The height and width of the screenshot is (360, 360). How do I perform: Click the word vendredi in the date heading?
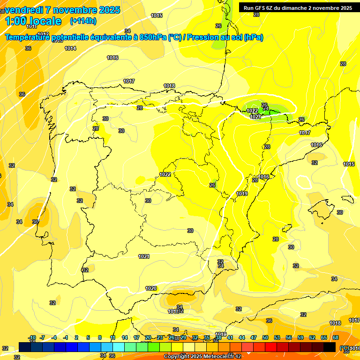[x=23, y=10]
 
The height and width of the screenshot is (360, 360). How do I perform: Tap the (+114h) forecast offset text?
[x=83, y=21]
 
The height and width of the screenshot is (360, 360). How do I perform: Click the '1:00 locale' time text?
[x=33, y=21]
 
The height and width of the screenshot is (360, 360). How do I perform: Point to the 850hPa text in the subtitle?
[x=153, y=37]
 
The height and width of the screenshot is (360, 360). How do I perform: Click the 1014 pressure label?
[x=70, y=48]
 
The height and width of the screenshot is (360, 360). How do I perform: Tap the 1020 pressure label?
[x=151, y=288]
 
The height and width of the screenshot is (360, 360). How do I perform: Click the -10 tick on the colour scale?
[x=32, y=337]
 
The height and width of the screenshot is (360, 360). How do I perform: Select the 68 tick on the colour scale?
[x=336, y=337]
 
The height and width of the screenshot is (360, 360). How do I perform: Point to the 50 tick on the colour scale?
[x=265, y=337]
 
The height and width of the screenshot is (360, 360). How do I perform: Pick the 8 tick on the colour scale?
[x=100, y=337]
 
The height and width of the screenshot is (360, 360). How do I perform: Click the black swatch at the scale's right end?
[x=330, y=347]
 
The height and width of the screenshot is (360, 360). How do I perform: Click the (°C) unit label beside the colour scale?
[x=345, y=348]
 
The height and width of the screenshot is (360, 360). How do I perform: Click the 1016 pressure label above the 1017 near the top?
[x=112, y=58]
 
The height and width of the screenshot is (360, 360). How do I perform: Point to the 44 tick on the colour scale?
[x=242, y=337]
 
